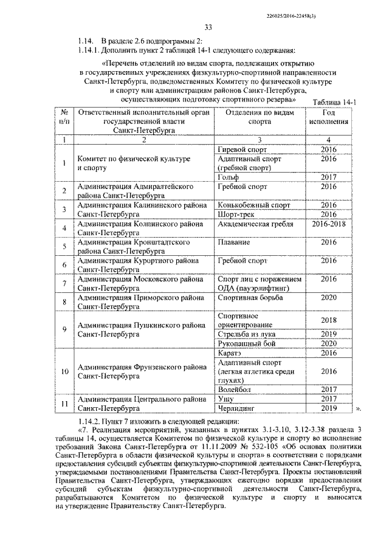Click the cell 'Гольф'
(x=228, y=177)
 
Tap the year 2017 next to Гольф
(x=328, y=177)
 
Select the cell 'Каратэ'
(x=229, y=352)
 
